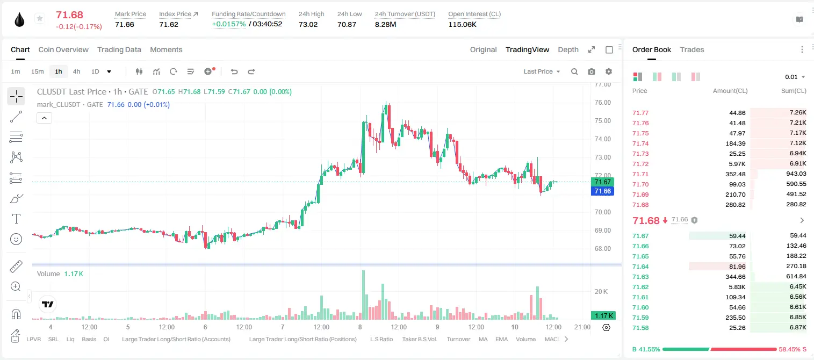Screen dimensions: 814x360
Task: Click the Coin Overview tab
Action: pos(63,49)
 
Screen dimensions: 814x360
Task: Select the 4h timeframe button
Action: pos(76,71)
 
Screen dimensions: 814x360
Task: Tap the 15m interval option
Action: pos(38,71)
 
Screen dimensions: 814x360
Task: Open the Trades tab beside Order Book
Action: pos(692,49)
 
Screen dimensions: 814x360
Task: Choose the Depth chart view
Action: pos(568,49)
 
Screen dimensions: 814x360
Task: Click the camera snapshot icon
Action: pos(592,71)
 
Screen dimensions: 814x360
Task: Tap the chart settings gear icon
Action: pos(609,71)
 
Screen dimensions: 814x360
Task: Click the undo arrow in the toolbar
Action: pos(234,71)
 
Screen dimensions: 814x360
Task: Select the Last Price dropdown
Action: pos(542,71)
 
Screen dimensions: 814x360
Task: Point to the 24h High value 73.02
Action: pos(308,24)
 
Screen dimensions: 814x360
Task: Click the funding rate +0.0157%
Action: pos(229,24)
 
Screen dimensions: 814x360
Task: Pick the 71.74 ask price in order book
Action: pos(640,143)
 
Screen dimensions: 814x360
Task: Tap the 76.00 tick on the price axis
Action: pos(602,103)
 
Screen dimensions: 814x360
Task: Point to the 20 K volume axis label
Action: pos(601,291)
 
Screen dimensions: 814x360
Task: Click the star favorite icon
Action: pos(40,18)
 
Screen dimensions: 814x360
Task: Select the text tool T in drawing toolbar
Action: pos(16,219)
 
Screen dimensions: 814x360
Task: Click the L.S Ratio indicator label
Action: pos(381,339)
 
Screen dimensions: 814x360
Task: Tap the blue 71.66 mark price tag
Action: pos(602,191)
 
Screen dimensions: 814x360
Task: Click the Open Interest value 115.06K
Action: pos(462,24)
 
